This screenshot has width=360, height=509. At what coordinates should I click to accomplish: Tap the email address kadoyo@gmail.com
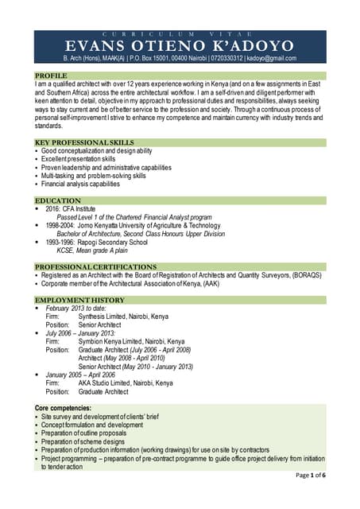[270, 58]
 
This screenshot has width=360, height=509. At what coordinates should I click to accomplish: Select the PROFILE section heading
[51, 75]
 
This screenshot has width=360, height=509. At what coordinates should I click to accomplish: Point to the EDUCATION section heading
[58, 200]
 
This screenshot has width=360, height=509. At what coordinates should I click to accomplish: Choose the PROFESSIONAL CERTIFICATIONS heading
[95, 266]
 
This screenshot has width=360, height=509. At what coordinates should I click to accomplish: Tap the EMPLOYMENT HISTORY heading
[79, 300]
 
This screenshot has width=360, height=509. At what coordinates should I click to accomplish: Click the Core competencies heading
[68, 408]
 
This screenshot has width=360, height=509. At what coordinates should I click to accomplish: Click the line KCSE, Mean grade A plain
[96, 251]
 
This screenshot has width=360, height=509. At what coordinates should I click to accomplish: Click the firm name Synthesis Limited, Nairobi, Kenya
[122, 316]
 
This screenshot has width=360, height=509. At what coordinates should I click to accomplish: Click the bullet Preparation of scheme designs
[83, 441]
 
